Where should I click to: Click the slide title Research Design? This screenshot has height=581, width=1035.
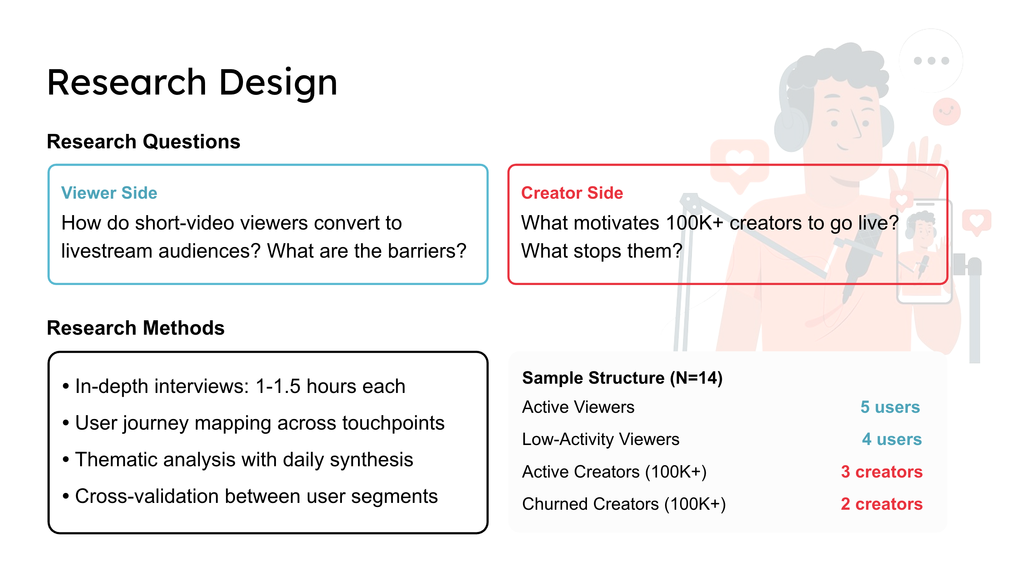[x=192, y=83]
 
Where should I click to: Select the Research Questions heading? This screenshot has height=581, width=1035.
[x=143, y=141]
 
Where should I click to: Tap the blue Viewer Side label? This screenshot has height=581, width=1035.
[x=109, y=193]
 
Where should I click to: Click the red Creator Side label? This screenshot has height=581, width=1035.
[x=572, y=193]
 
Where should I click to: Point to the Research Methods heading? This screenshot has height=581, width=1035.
[x=136, y=328]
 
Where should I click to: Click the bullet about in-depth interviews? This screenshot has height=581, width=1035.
[x=234, y=386]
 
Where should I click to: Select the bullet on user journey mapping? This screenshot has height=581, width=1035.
[x=254, y=423]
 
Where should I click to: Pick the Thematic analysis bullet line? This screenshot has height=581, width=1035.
[x=238, y=460]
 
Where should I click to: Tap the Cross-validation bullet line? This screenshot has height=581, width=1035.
[x=250, y=496]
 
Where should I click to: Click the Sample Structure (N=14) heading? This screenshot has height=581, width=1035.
[x=622, y=378]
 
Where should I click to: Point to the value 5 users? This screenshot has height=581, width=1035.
[x=890, y=407]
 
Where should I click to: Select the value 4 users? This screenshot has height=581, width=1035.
[x=892, y=439]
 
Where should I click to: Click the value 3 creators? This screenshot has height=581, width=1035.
[x=882, y=472]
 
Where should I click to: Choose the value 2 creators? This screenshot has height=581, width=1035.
[x=882, y=504]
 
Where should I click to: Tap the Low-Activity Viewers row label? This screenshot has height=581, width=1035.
[x=601, y=439]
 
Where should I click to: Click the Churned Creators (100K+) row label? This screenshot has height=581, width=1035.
[x=624, y=504]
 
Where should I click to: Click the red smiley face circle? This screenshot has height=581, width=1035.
[x=947, y=111]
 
